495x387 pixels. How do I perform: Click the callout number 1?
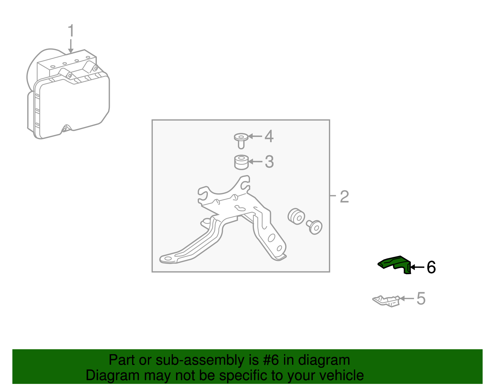tap(71, 30)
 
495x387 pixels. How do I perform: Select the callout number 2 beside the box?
tap(344, 196)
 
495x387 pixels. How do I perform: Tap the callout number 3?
tap(269, 162)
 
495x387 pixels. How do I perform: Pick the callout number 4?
tap(269, 136)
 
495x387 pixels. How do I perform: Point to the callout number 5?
tap(421, 298)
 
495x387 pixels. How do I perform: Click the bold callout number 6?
tap(431, 267)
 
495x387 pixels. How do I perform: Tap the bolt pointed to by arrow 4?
tap(241, 140)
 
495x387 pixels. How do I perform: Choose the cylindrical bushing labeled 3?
tap(241, 162)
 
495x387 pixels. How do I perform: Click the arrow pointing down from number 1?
tap(71, 46)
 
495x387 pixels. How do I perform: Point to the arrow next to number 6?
tap(417, 267)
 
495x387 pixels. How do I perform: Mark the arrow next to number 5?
tap(407, 298)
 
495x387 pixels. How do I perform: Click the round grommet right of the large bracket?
tap(296, 216)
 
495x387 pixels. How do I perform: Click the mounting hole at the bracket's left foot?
tap(168, 258)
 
